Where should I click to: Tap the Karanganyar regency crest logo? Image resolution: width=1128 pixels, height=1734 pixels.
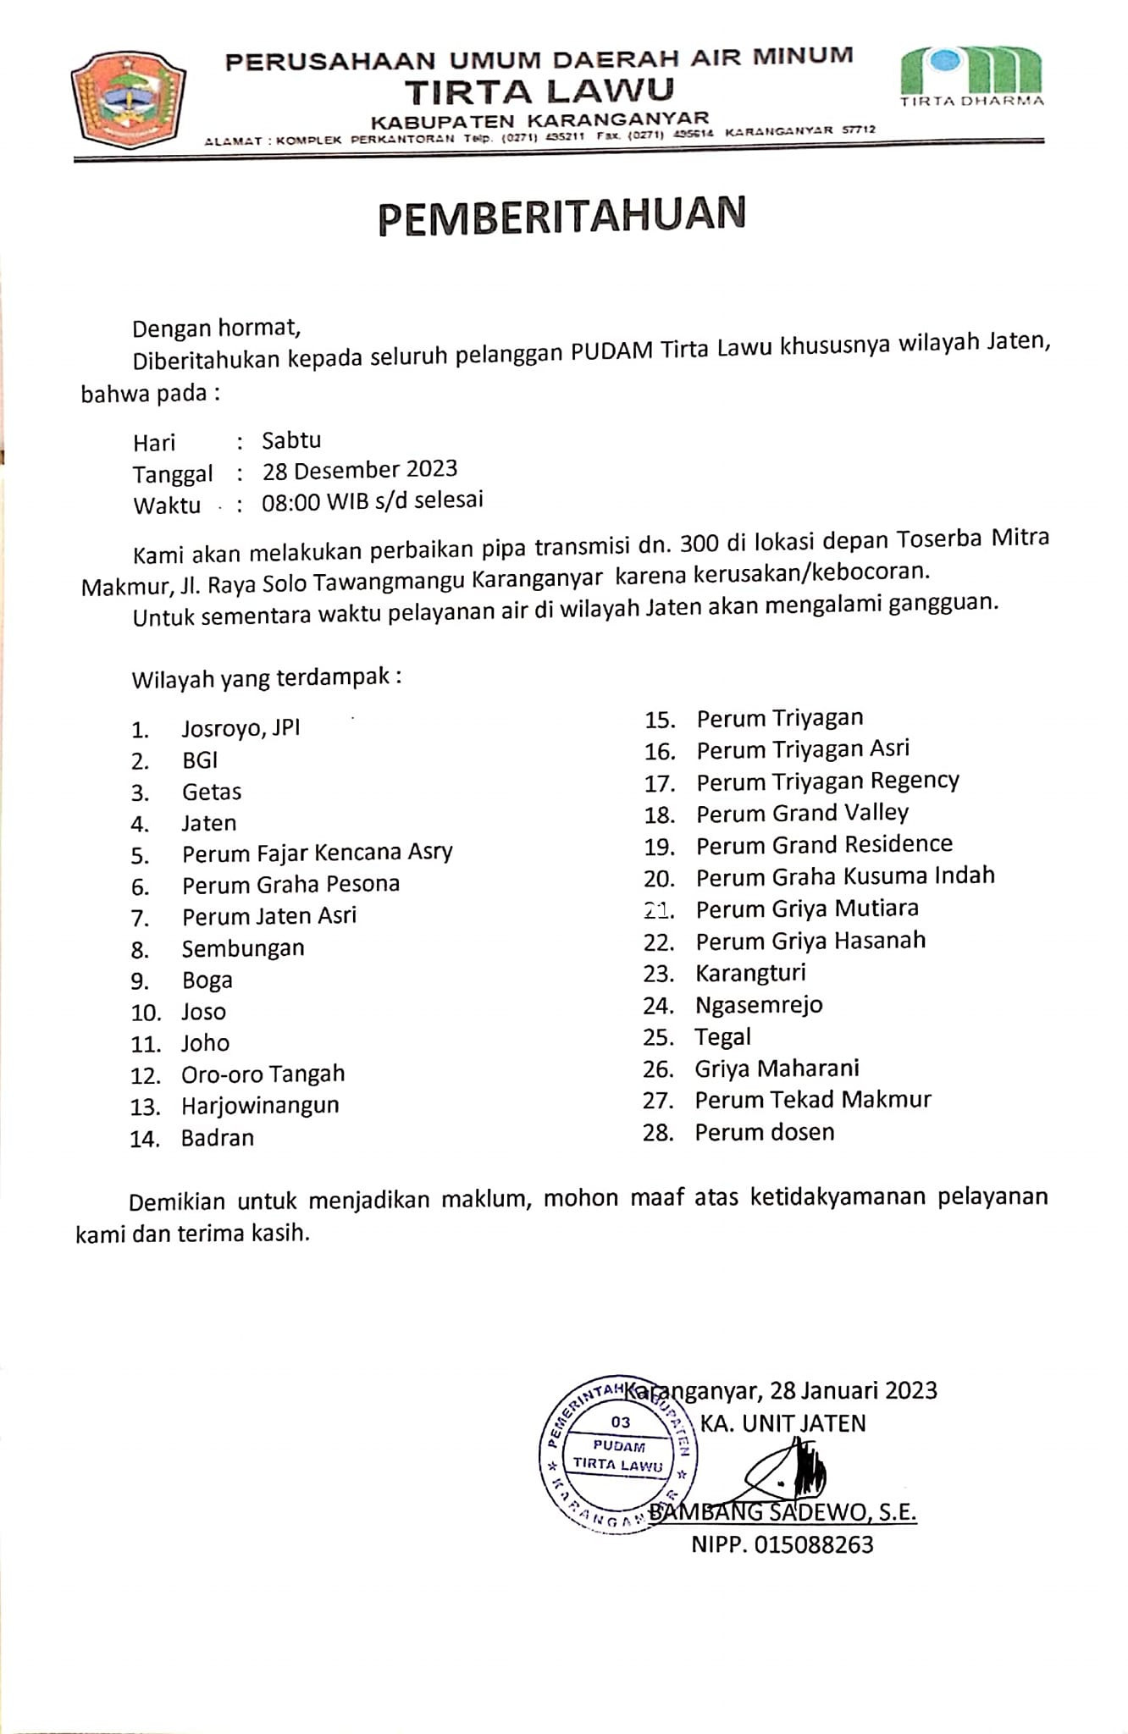pyautogui.click(x=129, y=100)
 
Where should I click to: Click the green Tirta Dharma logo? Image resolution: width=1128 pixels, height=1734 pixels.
pyautogui.click(x=971, y=75)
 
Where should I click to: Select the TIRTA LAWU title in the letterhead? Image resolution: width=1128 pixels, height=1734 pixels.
pyautogui.click(x=539, y=90)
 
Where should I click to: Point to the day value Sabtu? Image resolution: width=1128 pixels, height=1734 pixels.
pyautogui.click(x=291, y=440)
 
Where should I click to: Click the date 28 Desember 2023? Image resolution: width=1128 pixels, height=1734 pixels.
pyautogui.click(x=360, y=470)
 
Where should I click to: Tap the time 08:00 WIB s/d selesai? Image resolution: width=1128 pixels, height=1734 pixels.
pyautogui.click(x=373, y=500)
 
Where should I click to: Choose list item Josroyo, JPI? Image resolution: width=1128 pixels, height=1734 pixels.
pyautogui.click(x=241, y=728)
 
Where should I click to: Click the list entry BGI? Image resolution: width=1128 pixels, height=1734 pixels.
pyautogui.click(x=200, y=760)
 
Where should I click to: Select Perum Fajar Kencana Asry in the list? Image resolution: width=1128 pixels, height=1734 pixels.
pyautogui.click(x=318, y=853)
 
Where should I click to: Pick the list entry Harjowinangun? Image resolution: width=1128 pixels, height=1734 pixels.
pyautogui.click(x=260, y=1106)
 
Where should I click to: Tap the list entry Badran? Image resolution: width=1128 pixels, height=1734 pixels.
pyautogui.click(x=218, y=1138)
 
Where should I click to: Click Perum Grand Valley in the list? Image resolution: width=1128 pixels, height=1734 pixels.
pyautogui.click(x=802, y=814)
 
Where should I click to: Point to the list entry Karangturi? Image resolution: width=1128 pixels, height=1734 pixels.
pyautogui.click(x=750, y=974)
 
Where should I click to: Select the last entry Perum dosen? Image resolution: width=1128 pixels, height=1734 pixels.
pyautogui.click(x=765, y=1133)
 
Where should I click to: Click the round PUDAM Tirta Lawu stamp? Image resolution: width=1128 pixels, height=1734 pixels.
pyautogui.click(x=618, y=1452)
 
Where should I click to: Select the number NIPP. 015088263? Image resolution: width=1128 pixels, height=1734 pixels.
pyautogui.click(x=782, y=1545)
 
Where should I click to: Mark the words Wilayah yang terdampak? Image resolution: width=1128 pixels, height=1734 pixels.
pyautogui.click(x=266, y=679)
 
